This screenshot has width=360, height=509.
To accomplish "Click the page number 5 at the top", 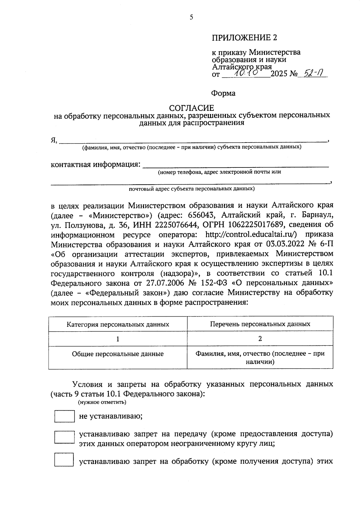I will (191, 17).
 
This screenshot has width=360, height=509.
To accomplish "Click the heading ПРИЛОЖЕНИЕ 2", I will (244, 38).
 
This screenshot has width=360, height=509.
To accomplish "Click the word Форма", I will (223, 93).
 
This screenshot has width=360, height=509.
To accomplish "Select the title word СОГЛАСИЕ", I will (191, 108).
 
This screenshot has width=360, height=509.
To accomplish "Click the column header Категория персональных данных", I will (118, 324).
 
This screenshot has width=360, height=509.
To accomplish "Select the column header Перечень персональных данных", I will (260, 324).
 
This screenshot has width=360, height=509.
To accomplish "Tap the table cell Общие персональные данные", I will (118, 354).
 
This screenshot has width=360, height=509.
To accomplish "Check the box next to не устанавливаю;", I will (64, 416).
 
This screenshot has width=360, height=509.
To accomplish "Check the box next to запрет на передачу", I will (64, 437).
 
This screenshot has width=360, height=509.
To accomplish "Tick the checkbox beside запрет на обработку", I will (64, 460).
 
